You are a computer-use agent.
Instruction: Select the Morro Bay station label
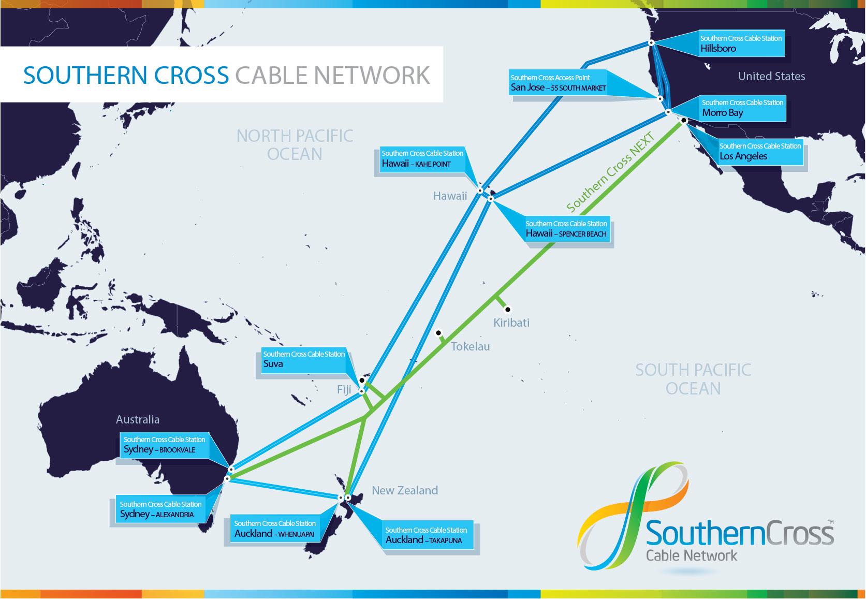coord(742,108)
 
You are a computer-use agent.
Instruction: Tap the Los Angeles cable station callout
coord(759,151)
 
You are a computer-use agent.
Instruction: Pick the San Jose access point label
coord(557,83)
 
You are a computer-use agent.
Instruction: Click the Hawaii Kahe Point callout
coord(422,159)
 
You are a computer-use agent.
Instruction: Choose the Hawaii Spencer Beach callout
coord(566,229)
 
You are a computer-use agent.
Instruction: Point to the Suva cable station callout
coord(303,359)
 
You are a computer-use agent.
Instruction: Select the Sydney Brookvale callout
coord(164,445)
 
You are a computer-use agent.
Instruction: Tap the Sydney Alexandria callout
coord(160,509)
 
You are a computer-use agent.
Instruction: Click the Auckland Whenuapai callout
coord(274,529)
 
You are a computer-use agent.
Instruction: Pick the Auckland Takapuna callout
coord(425,535)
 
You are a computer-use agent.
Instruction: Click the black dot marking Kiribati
coord(508,310)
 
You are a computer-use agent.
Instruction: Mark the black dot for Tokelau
coord(438,332)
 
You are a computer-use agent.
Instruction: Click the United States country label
coord(771,76)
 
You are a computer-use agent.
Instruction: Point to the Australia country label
coord(138,419)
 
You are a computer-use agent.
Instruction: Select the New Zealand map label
coord(405,490)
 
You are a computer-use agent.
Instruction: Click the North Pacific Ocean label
coord(295,145)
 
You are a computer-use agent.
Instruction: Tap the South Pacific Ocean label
coord(693,379)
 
